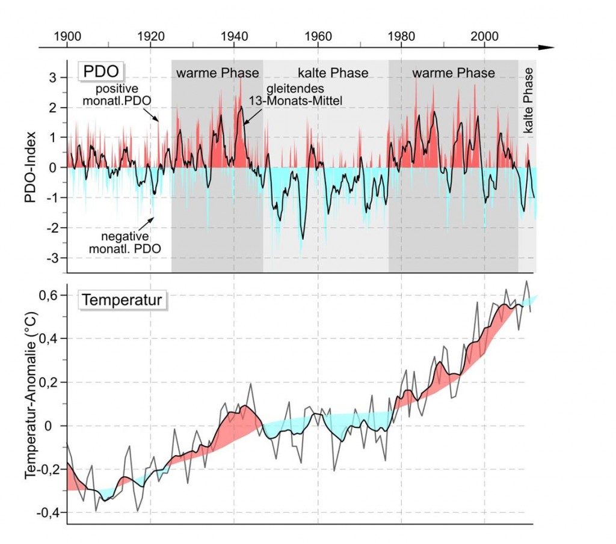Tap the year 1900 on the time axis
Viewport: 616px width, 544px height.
67,35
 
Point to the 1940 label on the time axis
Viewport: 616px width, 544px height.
235,35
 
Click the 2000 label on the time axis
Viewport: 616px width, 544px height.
485,35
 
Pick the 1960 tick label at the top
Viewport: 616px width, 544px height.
318,35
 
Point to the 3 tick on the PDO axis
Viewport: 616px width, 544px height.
53,78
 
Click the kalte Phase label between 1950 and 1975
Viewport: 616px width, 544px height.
333,73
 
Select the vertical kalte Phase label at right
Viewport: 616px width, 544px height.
528,100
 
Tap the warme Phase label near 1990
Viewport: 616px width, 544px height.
453,73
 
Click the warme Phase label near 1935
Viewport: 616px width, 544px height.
217,73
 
